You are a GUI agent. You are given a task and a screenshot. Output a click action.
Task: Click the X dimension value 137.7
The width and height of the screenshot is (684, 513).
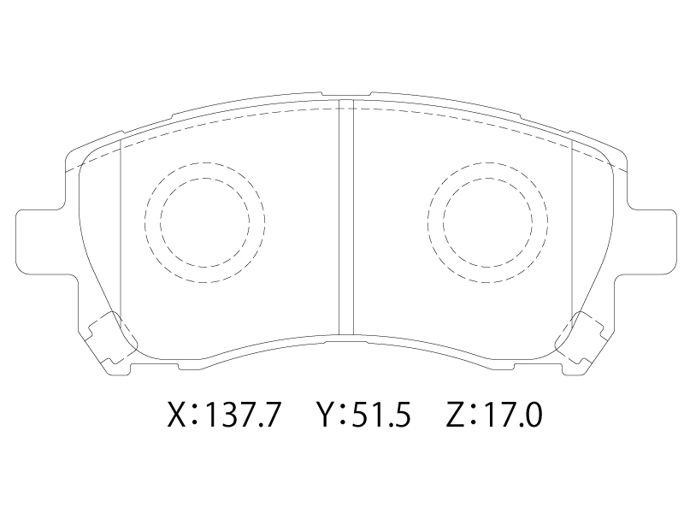242,414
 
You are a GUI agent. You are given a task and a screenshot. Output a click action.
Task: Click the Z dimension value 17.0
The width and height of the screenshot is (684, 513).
513,414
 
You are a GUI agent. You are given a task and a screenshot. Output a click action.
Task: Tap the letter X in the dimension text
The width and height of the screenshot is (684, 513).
179,414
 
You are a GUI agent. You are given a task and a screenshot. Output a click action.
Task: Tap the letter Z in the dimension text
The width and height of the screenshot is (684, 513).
456,414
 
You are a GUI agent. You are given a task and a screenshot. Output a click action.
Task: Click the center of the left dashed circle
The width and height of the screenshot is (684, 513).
204,222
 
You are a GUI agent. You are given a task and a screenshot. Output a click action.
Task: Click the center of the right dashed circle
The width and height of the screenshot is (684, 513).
487,222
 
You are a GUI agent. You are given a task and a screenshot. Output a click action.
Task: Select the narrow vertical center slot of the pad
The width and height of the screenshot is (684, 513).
346,217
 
